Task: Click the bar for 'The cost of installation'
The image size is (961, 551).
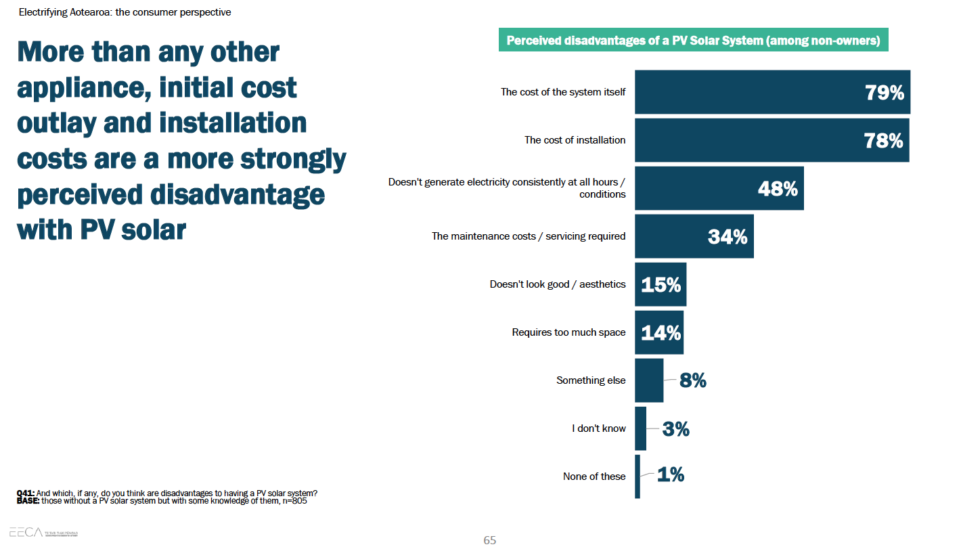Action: pyautogui.click(x=772, y=140)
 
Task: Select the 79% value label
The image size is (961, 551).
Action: pyautogui.click(x=885, y=93)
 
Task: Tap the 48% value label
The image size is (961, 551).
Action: pyautogui.click(x=778, y=189)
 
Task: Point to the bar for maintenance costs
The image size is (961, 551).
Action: pyautogui.click(x=694, y=236)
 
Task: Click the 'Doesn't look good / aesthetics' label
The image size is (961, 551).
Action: pyautogui.click(x=558, y=284)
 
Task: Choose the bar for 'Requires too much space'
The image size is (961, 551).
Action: pyautogui.click(x=658, y=332)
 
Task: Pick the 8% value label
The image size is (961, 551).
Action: pyautogui.click(x=693, y=380)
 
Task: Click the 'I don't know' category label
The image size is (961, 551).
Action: pyautogui.click(x=599, y=428)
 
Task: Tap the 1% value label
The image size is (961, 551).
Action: pyautogui.click(x=671, y=475)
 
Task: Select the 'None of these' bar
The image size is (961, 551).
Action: pyautogui.click(x=638, y=477)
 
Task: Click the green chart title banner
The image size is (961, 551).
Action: pyautogui.click(x=693, y=41)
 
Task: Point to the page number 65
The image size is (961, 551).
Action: pyautogui.click(x=489, y=540)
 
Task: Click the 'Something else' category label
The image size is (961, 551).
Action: pyautogui.click(x=591, y=380)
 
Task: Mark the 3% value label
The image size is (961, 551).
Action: pyautogui.click(x=675, y=428)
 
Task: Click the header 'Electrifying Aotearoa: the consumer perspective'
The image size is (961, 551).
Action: pyautogui.click(x=125, y=12)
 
